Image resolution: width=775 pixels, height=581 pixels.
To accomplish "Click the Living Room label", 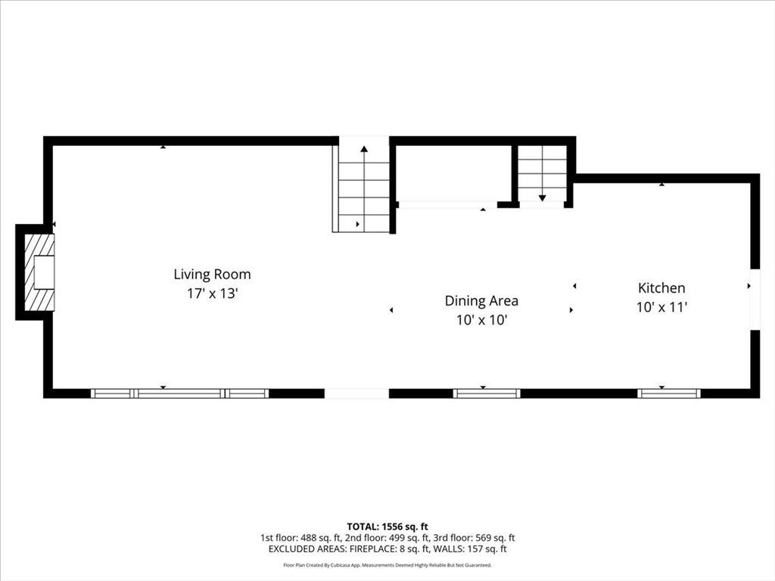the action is (x=212, y=274).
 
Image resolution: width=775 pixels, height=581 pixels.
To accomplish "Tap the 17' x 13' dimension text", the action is (x=213, y=294).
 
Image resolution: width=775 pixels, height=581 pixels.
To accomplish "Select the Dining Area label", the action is (x=481, y=301).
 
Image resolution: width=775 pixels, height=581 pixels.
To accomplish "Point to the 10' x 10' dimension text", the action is (x=482, y=320).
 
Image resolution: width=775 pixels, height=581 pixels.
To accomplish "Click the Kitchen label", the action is (x=661, y=288).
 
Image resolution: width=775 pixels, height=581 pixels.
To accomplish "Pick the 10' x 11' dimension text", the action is (x=661, y=307).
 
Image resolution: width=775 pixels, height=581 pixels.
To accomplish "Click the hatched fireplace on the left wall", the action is (x=39, y=272).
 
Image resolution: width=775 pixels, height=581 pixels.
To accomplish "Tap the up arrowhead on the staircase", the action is (x=364, y=148).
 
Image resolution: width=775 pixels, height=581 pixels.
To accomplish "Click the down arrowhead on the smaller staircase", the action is (x=542, y=198).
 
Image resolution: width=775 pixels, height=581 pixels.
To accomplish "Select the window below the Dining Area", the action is (x=487, y=393).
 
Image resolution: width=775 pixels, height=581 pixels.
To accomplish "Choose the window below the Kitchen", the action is (x=669, y=393).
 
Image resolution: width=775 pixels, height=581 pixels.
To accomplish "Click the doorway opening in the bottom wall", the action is (x=356, y=393).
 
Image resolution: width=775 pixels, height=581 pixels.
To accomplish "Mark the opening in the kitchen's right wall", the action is (x=755, y=300).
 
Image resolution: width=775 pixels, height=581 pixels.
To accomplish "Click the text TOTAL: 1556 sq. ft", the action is (x=387, y=527).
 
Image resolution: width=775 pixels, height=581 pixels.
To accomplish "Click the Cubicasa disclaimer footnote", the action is (x=387, y=564).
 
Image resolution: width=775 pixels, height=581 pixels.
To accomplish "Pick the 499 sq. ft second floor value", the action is (x=408, y=538).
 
